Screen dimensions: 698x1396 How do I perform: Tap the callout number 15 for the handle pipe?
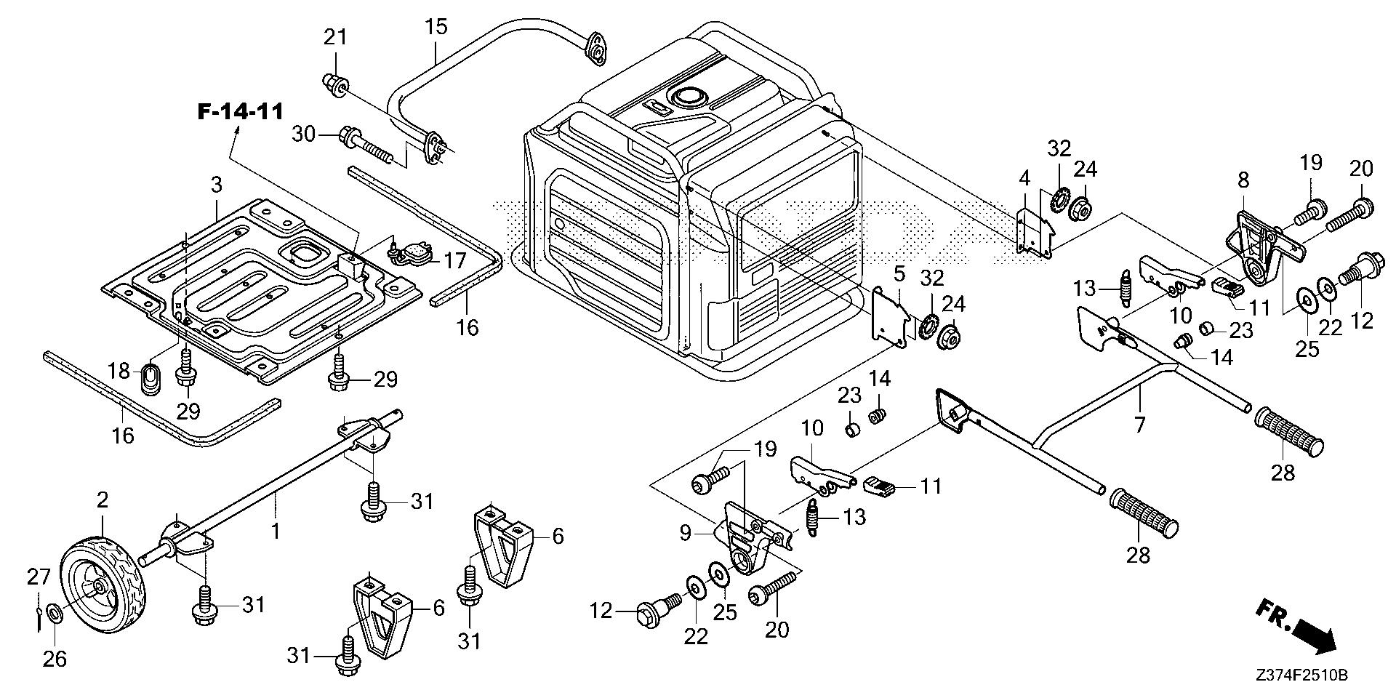(436, 28)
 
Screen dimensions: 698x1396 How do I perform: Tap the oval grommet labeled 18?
(149, 378)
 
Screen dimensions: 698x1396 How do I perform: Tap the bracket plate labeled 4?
(1033, 233)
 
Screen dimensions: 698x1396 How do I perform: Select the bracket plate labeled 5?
(890, 317)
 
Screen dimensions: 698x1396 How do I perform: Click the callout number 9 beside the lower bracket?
(686, 533)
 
